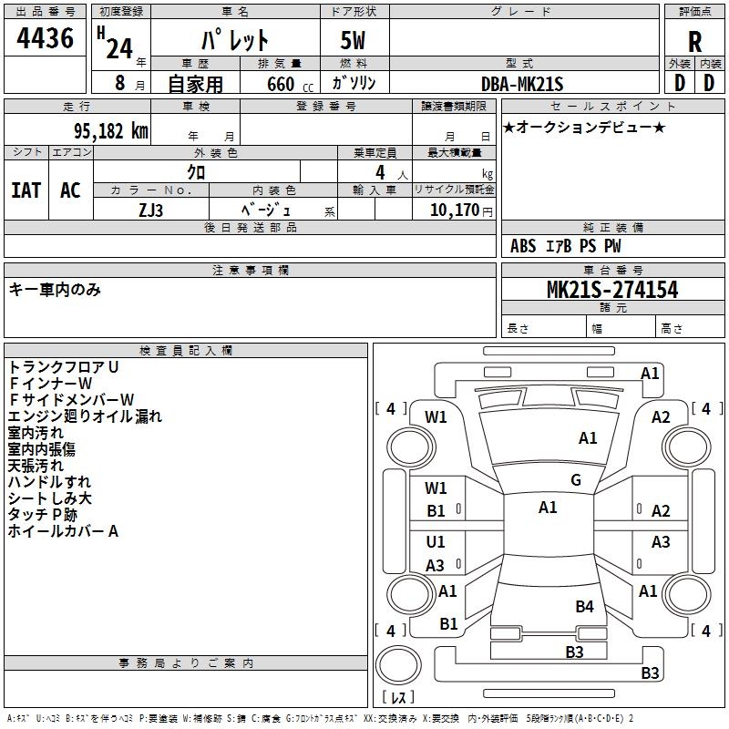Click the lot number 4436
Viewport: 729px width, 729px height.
point(46,38)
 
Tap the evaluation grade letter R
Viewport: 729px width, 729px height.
point(694,41)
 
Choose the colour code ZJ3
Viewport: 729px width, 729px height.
point(152,210)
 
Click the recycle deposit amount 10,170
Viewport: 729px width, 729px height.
point(452,210)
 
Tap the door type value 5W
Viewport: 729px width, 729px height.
point(354,41)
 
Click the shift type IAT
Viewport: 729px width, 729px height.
point(27,190)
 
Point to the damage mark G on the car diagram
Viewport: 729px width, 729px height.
point(576,480)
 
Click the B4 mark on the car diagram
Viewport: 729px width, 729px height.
point(584,606)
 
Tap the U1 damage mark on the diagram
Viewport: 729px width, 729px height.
point(436,542)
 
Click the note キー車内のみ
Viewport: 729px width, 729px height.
point(55,290)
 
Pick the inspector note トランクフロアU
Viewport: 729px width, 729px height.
point(64,366)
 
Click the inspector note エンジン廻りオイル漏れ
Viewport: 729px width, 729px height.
point(85,416)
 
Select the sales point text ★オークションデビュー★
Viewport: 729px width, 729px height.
point(583,127)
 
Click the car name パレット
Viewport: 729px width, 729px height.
point(235,41)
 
